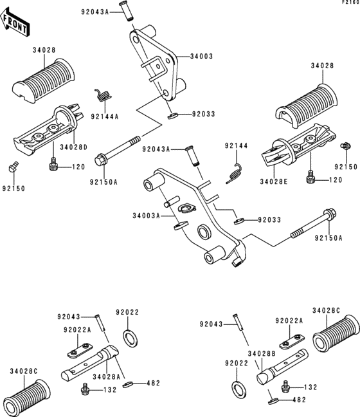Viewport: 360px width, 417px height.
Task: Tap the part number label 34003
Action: [x=201, y=57]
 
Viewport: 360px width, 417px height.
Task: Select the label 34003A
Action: [x=146, y=216]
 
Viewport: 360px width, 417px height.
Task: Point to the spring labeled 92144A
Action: [x=104, y=95]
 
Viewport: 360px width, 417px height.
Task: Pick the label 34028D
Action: [x=73, y=147]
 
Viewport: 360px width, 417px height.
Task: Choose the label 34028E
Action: [x=274, y=181]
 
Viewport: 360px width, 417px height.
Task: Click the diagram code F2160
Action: [x=350, y=3]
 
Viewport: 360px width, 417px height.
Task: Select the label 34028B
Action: [x=262, y=354]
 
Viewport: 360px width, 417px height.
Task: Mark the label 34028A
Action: [x=107, y=377]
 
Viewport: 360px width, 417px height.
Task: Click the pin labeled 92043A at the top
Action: [x=127, y=11]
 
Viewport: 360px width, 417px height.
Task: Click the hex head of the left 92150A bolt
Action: [x=101, y=160]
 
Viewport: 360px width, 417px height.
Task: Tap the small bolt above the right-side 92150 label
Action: [x=346, y=145]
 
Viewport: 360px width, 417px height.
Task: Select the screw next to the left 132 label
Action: [x=85, y=388]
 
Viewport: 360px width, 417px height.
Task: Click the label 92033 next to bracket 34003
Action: [x=204, y=114]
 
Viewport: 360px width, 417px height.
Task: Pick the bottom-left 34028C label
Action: [x=24, y=371]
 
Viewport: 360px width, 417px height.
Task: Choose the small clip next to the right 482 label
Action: [x=273, y=400]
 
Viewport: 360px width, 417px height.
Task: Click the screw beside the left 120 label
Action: [x=53, y=164]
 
